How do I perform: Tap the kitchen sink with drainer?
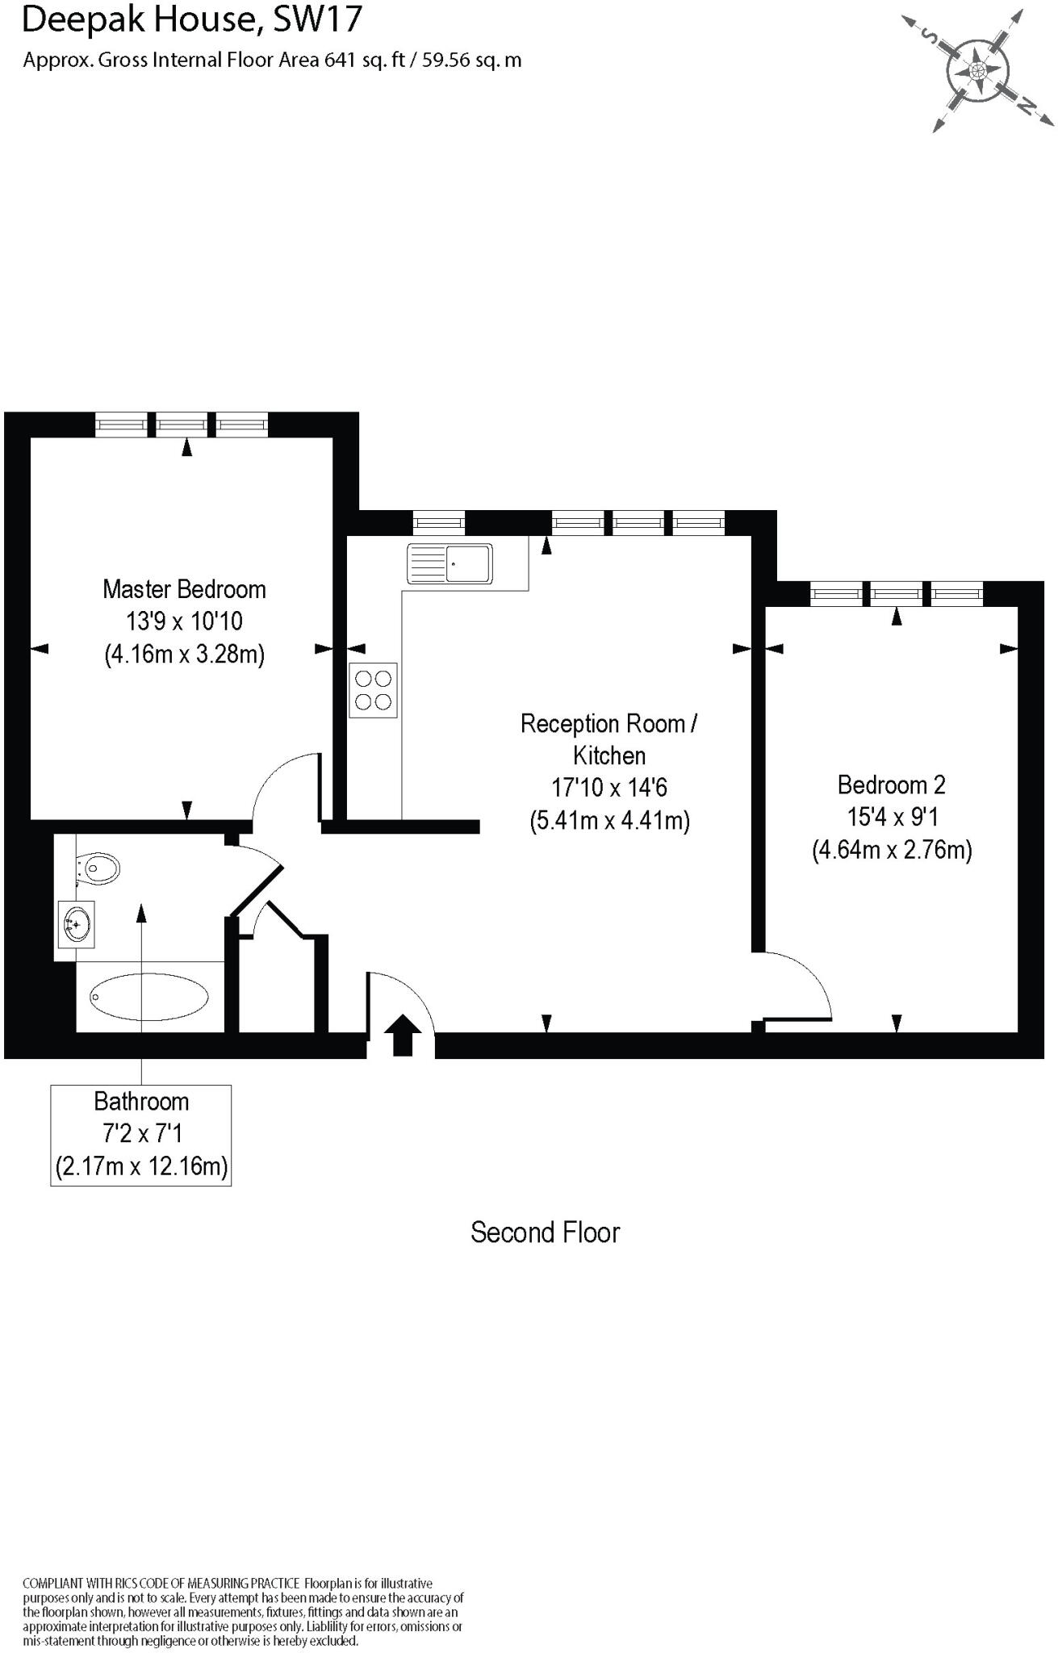(450, 563)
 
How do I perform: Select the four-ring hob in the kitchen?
(373, 690)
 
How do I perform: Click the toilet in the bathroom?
(99, 868)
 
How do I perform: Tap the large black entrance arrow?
(402, 1036)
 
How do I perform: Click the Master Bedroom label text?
(184, 589)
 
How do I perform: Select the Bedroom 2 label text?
(891, 785)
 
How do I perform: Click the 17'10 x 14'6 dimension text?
(609, 788)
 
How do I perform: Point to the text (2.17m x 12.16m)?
(141, 1166)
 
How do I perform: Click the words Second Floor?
(545, 1232)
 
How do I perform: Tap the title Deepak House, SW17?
(191, 19)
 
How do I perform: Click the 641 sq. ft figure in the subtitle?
(364, 61)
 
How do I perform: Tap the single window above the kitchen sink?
(439, 523)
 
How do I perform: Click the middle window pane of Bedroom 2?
(897, 594)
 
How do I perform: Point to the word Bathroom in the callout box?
(141, 1102)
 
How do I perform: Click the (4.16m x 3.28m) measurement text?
(185, 654)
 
